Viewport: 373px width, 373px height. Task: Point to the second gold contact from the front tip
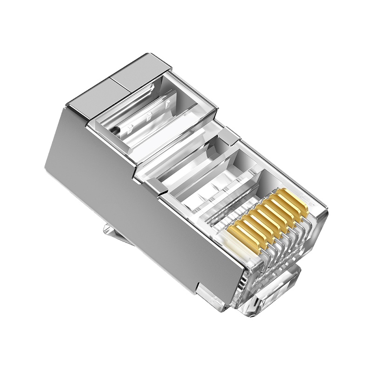pos(289,207)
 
